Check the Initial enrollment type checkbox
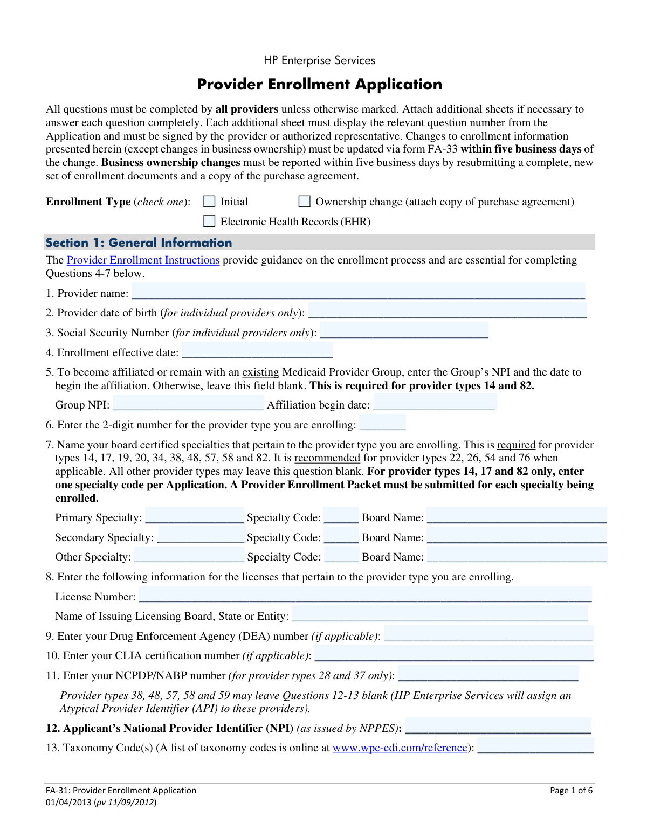pyautogui.click(x=209, y=202)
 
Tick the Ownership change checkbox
pyautogui.click(x=305, y=202)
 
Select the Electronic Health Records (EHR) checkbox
pyautogui.click(x=209, y=222)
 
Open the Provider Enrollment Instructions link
pyautogui.click(x=143, y=260)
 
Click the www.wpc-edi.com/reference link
pyautogui.click(x=400, y=748)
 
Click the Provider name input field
pyautogui.click(x=358, y=292)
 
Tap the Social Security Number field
pyautogui.click(x=404, y=331)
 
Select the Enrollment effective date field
pyautogui.click(x=257, y=351)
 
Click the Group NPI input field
pyautogui.click(x=188, y=403)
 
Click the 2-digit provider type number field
pyautogui.click(x=382, y=423)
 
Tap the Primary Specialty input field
pyautogui.click(x=195, y=516)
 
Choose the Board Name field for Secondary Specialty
pyautogui.click(x=517, y=536)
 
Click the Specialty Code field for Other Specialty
pyautogui.click(x=341, y=555)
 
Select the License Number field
pyautogui.click(x=365, y=595)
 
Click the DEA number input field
pyautogui.click(x=488, y=634)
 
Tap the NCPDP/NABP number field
pyautogui.click(x=488, y=674)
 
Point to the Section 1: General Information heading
pyautogui.click(x=139, y=243)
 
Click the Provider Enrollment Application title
pyautogui.click(x=319, y=85)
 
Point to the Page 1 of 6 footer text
pyautogui.click(x=571, y=791)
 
